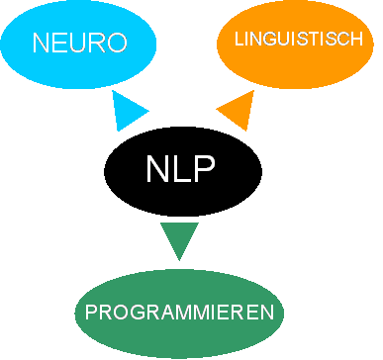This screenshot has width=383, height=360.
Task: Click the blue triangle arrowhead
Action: (x=128, y=111)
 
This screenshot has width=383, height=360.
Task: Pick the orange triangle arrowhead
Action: (x=238, y=110)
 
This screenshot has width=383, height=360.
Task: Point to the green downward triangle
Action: (x=179, y=238)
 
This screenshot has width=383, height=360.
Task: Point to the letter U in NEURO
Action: (x=79, y=44)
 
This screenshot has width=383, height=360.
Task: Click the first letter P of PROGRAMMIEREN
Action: (x=91, y=314)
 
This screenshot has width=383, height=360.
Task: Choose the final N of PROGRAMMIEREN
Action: (x=266, y=314)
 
